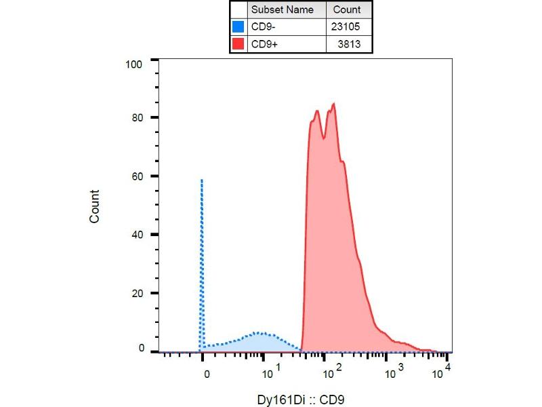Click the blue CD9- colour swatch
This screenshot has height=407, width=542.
click(x=238, y=28)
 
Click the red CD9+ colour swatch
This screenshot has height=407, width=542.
click(x=238, y=44)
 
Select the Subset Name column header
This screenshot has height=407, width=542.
click(x=282, y=10)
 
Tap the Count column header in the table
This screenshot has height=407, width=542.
click(x=347, y=10)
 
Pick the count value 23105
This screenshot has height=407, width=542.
click(x=347, y=28)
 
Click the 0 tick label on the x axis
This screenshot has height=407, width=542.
click(x=206, y=372)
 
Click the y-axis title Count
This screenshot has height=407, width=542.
click(x=95, y=206)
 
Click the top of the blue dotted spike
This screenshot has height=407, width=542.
click(x=202, y=180)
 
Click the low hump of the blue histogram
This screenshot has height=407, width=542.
click(x=259, y=333)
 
